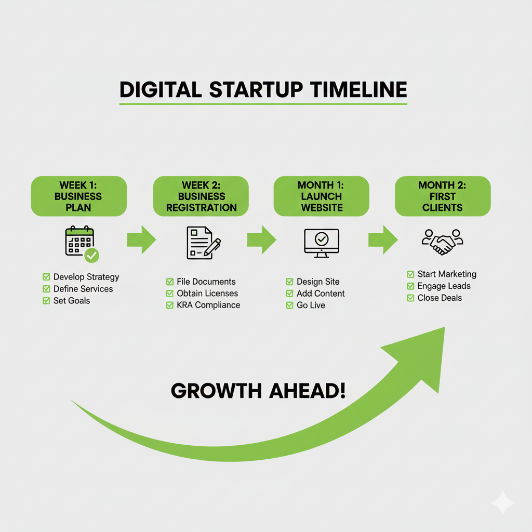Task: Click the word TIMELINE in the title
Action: (358, 89)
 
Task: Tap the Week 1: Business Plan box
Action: (78, 196)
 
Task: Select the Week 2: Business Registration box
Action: (201, 196)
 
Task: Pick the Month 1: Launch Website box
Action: (321, 196)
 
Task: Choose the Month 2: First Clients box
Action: (443, 196)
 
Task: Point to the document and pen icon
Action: (203, 243)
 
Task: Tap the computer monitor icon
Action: (321, 243)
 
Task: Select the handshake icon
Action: (443, 241)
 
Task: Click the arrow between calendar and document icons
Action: (141, 240)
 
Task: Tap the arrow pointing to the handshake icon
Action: (383, 240)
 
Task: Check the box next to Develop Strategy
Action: (46, 277)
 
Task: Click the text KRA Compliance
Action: (208, 305)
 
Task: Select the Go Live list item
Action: (311, 305)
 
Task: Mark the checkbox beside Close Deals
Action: (410, 298)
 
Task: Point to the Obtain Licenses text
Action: (207, 294)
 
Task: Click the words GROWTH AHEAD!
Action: (258, 391)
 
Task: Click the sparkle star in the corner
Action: (502, 502)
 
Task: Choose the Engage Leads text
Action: (444, 286)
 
